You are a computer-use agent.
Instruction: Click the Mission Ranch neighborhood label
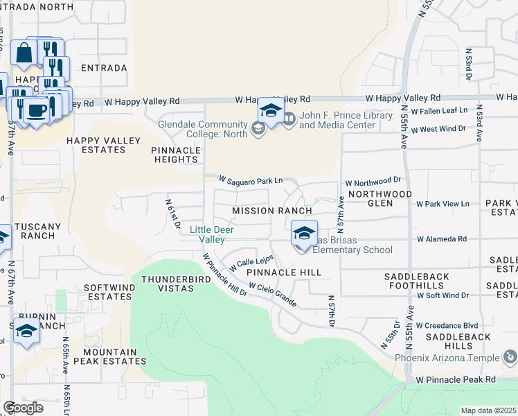[271, 210]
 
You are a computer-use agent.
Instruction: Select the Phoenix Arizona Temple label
[447, 358]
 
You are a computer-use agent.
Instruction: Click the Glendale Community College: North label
[202, 128]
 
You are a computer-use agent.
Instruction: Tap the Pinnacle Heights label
[176, 155]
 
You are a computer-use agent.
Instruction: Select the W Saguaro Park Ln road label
[250, 180]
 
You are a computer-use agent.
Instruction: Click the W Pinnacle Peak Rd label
[456, 380]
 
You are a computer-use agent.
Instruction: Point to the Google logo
[23, 408]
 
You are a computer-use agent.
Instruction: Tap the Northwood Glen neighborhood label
[379, 198]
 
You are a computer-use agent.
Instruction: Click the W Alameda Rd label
[441, 239]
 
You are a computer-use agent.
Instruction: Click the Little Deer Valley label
[212, 234]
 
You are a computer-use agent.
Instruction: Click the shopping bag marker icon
[24, 53]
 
